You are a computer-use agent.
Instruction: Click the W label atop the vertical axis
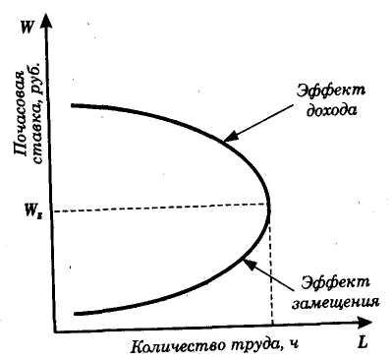click(x=26, y=28)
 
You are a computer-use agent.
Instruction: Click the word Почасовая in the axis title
click(x=21, y=114)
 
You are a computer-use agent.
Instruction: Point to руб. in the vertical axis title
click(x=35, y=80)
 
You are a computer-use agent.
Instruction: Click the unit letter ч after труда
click(x=294, y=345)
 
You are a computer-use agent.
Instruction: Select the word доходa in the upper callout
click(x=331, y=110)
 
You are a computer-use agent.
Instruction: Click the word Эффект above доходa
click(x=330, y=90)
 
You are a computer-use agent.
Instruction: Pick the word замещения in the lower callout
click(x=335, y=302)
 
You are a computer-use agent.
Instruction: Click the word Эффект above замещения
click(x=335, y=282)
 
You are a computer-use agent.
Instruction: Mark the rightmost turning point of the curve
click(x=269, y=206)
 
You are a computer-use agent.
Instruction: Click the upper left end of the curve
click(x=73, y=105)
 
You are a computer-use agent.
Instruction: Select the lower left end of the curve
click(x=76, y=314)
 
